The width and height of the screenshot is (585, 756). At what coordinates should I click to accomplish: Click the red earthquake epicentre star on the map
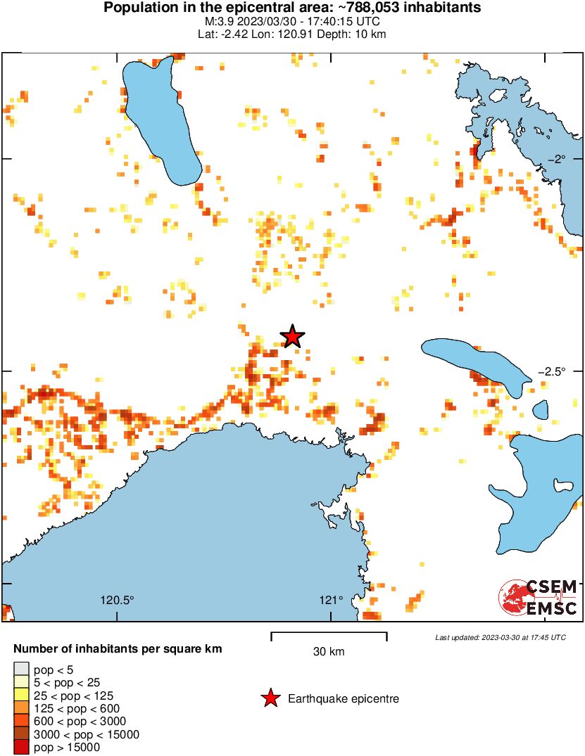(292, 337)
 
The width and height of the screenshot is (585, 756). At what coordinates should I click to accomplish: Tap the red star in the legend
(270, 698)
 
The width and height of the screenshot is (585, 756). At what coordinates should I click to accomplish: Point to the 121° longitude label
(331, 601)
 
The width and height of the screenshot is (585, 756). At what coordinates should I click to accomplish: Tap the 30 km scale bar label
(329, 652)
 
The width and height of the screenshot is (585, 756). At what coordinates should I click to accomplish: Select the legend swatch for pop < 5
(21, 669)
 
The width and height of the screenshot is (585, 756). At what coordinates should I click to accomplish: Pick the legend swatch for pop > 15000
(21, 748)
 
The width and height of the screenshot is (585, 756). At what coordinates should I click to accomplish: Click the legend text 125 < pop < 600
(77, 708)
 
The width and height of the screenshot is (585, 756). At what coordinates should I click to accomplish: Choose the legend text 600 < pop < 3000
(80, 722)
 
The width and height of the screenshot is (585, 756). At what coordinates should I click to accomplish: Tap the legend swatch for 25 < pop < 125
(21, 695)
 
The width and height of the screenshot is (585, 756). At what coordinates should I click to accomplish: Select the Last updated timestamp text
(501, 637)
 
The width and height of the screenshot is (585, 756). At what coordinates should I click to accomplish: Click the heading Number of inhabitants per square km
(118, 648)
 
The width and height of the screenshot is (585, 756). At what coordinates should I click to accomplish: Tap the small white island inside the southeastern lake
(563, 485)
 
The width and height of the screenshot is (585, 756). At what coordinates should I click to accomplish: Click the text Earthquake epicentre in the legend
(344, 699)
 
